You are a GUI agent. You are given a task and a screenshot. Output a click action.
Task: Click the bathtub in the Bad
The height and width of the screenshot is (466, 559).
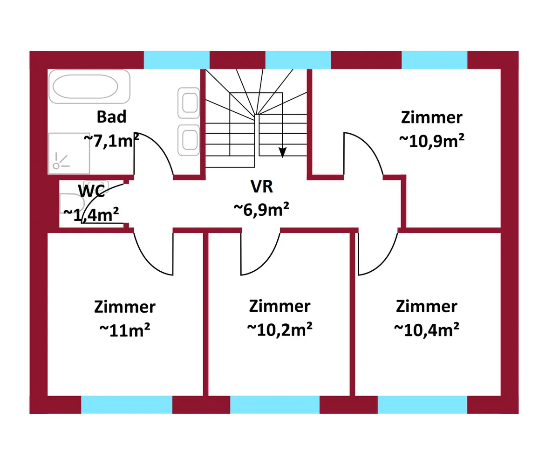89,87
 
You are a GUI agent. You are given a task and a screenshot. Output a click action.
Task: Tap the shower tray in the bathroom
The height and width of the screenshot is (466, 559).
69,153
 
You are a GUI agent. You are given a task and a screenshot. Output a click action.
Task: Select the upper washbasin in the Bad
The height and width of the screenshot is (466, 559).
189,103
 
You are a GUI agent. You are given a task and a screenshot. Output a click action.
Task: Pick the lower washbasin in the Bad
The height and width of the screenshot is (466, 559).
189,140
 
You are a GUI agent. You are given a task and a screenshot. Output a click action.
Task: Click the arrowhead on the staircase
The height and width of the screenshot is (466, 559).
282,152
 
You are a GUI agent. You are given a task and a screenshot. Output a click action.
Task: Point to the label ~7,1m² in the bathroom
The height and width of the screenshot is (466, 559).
111,141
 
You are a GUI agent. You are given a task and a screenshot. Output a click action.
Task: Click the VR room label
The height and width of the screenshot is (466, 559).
262,186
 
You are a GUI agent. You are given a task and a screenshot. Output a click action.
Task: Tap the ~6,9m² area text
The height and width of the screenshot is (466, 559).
261,209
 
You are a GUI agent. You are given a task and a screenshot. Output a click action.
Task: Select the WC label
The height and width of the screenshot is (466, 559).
92,191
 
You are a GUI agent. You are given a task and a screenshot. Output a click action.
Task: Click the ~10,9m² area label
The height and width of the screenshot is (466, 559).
431,141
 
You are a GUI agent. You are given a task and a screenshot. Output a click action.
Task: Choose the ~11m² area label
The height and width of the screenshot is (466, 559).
125,330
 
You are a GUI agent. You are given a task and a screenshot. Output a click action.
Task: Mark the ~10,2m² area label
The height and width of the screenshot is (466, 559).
279,329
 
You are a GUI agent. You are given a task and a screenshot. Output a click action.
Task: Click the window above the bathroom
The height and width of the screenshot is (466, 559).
177,60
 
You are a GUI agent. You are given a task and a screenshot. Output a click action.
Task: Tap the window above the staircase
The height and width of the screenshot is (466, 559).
298,60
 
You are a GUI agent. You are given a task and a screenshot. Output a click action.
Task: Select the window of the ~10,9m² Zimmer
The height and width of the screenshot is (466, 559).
435,60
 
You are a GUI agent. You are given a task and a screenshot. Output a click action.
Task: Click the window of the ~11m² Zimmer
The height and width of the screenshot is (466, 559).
127,404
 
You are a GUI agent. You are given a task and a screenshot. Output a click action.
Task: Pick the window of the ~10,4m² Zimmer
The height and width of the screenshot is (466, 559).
423,404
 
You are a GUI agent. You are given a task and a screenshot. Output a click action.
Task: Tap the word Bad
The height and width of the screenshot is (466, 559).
111,117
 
